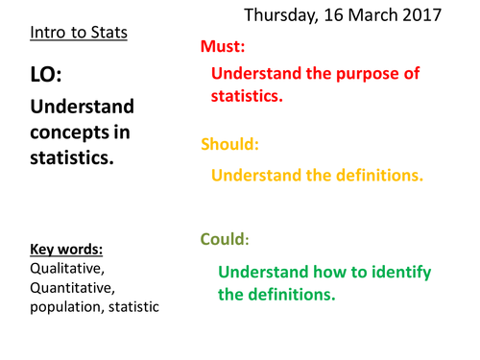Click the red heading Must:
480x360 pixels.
coord(222,47)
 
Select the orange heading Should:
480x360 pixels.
coord(229,145)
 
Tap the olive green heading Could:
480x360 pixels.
coord(223,239)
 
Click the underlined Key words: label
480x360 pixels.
coord(65,248)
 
